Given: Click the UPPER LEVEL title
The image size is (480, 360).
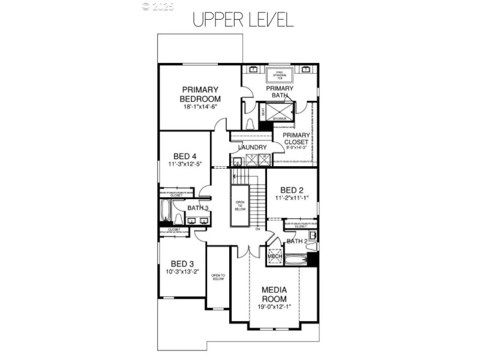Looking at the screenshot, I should (242, 20).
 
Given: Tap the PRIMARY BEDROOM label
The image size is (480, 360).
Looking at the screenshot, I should (200, 94).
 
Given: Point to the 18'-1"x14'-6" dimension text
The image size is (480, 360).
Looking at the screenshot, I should (200, 107).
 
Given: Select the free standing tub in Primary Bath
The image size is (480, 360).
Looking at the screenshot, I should (278, 76).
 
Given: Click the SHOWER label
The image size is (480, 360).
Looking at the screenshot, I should (280, 119).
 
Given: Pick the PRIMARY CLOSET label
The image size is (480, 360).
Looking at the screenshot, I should (296, 139).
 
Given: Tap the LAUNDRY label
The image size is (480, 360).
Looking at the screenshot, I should (252, 148).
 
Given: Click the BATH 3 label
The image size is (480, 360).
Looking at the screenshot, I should (197, 208).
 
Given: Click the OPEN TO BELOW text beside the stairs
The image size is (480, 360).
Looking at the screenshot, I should (240, 205).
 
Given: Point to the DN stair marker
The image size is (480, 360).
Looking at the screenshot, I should (258, 229).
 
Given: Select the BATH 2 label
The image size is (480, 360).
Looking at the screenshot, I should (296, 241).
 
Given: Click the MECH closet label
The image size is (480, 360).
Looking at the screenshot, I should (274, 256).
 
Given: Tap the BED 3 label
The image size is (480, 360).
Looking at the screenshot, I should (182, 263).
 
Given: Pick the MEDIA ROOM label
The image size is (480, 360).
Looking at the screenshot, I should (274, 294).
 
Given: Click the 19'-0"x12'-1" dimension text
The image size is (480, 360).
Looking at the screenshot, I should (274, 307).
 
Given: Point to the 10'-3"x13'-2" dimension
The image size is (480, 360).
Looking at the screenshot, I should (182, 272).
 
